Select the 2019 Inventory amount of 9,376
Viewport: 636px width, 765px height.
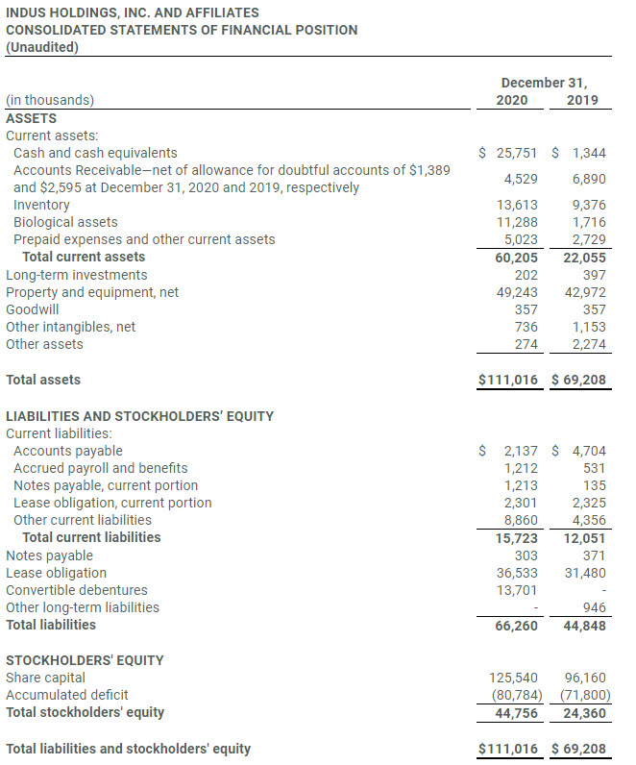pos(588,205)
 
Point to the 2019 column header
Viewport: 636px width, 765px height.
pos(582,100)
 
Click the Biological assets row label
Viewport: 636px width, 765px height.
pos(65,222)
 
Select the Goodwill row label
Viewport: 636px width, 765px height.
pos(32,309)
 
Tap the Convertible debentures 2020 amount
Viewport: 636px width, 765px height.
pos(518,590)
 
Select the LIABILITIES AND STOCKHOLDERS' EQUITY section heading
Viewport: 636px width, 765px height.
pos(139,416)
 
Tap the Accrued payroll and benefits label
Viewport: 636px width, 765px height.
pos(100,468)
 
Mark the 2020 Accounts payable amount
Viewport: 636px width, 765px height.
pos(521,451)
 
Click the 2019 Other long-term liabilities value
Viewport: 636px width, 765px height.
pos(594,608)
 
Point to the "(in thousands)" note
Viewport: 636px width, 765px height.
pos(50,100)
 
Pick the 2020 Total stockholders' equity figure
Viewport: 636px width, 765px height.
pos(514,713)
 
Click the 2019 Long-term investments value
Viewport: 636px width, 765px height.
pos(594,275)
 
